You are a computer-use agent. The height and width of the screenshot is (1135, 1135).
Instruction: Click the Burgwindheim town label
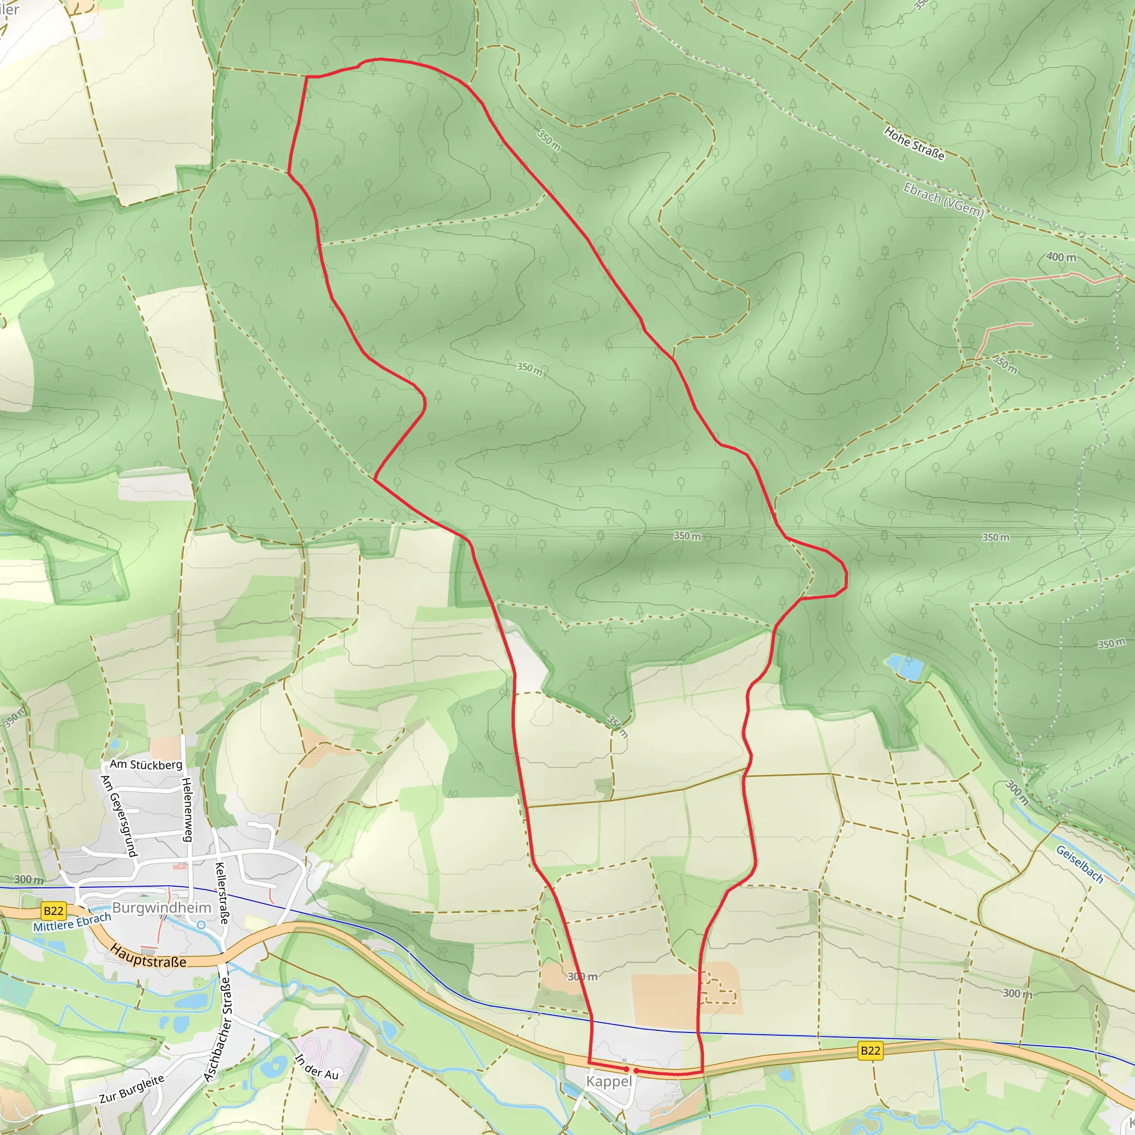tap(162, 908)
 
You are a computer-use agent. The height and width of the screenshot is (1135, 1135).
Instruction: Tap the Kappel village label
tap(609, 1082)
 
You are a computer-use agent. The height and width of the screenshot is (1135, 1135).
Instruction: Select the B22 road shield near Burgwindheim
tap(53, 911)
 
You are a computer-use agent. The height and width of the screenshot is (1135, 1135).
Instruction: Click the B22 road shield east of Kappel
tap(870, 1050)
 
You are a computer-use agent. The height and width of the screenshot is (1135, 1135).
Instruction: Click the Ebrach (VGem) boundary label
tap(943, 201)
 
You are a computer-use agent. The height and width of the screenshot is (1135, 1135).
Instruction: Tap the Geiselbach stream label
tap(1080, 864)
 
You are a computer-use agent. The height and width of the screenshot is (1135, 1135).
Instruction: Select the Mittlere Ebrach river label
tap(71, 922)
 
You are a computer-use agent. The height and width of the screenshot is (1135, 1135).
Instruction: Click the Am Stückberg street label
tap(146, 764)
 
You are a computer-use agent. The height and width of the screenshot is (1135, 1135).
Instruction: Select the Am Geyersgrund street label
tap(119, 816)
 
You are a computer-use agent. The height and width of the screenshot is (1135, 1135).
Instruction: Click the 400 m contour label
tap(1061, 257)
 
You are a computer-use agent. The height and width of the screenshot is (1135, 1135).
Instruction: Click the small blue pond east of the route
tap(904, 667)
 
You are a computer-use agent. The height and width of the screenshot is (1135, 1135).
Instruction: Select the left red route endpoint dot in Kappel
tap(627, 1069)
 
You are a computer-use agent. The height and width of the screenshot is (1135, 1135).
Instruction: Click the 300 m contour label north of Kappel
tap(582, 976)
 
